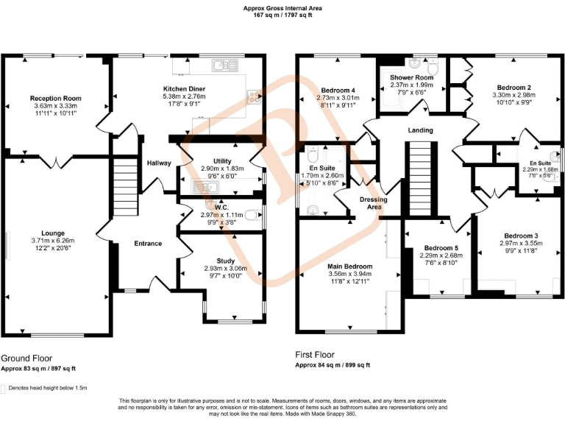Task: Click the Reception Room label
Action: tap(55, 98)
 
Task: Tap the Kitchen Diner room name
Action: tap(184, 88)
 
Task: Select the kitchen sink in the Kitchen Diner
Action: tap(223, 66)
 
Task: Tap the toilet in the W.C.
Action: tap(252, 215)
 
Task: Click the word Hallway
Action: tap(159, 163)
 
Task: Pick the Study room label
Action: tap(225, 261)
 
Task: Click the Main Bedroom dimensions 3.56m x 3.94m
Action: tap(350, 274)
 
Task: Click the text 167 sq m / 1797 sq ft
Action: tap(282, 14)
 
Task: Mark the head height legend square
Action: tap(4, 388)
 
